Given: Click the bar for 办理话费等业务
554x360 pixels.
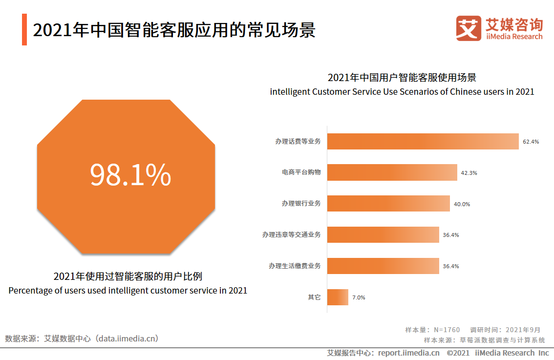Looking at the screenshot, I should (x=423, y=141).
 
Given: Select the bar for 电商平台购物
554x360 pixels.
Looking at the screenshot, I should (x=392, y=172).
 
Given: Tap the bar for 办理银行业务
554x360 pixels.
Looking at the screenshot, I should (x=388, y=204).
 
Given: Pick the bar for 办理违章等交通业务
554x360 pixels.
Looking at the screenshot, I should (x=383, y=234).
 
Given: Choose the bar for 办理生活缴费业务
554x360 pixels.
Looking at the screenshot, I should (x=383, y=266).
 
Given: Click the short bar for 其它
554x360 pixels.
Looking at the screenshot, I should (x=338, y=297).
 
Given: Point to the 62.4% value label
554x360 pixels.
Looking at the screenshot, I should (x=531, y=142).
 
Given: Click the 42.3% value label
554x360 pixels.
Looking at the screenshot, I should (x=469, y=173).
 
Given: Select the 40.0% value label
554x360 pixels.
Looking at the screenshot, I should (x=462, y=204).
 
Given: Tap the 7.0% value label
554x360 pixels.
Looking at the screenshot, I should (x=359, y=297).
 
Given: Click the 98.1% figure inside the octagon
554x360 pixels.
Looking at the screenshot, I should (x=130, y=175).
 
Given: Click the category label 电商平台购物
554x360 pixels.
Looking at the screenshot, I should (x=301, y=172).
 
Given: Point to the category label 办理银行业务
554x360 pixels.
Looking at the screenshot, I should (x=301, y=204).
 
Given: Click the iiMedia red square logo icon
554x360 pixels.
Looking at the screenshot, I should (x=469, y=28).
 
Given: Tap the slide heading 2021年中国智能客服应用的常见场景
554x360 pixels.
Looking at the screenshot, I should (x=174, y=30).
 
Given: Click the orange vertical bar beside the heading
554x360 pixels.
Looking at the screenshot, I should (x=24, y=30).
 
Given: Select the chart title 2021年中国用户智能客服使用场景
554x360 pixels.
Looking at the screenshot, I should (x=402, y=78).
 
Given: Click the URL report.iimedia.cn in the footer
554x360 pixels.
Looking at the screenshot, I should (x=408, y=353).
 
